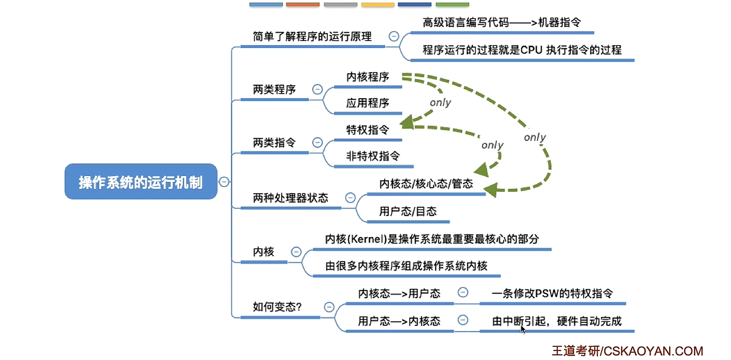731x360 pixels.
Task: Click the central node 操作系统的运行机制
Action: [x=141, y=182]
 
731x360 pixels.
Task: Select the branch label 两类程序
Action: [x=274, y=90]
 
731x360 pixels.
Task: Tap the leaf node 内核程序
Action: [x=368, y=77]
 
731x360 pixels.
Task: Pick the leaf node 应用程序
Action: [x=368, y=103]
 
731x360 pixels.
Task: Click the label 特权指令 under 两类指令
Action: [x=368, y=130]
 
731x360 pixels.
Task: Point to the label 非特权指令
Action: [x=373, y=156]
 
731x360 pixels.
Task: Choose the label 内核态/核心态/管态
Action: [x=426, y=184]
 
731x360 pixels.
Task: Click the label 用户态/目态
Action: [x=408, y=211]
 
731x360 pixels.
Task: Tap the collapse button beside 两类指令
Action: [x=317, y=143]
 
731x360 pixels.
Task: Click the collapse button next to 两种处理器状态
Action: [x=350, y=198]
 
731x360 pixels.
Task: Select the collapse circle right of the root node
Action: [x=224, y=182]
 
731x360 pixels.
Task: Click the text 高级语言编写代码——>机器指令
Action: [x=501, y=22]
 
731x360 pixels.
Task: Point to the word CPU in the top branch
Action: [x=531, y=50]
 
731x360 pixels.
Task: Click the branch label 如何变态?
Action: [x=277, y=307]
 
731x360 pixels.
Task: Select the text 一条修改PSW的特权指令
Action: [x=552, y=293]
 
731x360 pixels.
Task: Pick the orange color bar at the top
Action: [x=303, y=5]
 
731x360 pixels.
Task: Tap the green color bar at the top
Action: [x=452, y=5]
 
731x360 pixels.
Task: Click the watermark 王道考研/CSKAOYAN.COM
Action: [x=627, y=351]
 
